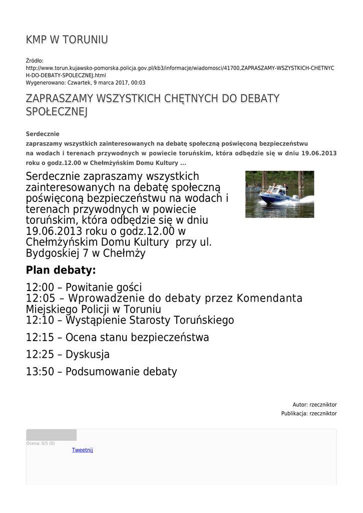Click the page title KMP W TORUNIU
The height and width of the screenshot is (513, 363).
click(x=67, y=40)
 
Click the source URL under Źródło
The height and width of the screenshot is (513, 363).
click(x=180, y=71)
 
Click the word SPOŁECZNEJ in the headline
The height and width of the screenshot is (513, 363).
click(x=57, y=112)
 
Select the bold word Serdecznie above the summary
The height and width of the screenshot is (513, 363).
click(x=43, y=134)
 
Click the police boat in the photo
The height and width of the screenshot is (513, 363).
click(x=276, y=193)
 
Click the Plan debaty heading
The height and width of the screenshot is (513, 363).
click(x=61, y=271)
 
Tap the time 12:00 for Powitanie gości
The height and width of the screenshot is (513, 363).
click(x=43, y=288)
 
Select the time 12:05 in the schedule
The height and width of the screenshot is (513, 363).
click(x=43, y=299)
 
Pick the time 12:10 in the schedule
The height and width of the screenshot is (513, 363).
click(x=43, y=320)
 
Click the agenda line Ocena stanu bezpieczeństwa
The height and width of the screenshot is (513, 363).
click(x=137, y=337)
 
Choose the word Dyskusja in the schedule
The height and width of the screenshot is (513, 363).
click(x=88, y=355)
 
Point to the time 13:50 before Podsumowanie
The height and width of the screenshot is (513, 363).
click(x=43, y=372)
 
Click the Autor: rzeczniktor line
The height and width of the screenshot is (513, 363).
click(x=314, y=405)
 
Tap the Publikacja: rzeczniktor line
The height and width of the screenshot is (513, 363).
click(x=309, y=414)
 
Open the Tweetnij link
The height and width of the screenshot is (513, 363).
click(x=83, y=450)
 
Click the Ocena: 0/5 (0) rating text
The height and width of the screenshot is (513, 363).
click(x=41, y=443)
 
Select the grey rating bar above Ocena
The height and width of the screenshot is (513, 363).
click(x=51, y=435)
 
